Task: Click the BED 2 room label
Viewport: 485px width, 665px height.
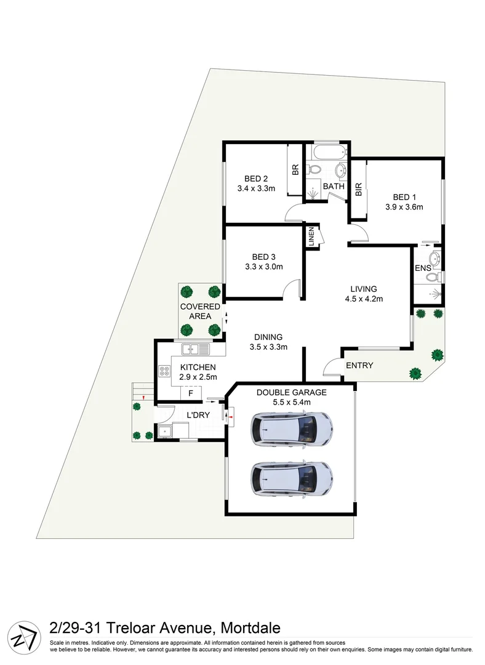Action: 255,179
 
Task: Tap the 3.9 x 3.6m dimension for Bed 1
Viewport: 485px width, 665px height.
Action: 404,207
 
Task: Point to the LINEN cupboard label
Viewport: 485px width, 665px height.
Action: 311,237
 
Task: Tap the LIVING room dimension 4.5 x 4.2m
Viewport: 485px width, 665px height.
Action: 363,299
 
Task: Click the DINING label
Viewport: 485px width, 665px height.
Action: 268,337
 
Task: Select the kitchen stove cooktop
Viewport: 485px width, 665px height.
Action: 165,371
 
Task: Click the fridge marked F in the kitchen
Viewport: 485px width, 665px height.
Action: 191,392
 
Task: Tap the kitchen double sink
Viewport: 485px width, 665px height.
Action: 196,349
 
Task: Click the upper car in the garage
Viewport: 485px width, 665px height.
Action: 292,427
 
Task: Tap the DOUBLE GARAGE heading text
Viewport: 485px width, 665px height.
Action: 291,392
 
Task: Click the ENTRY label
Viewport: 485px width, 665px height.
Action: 359,365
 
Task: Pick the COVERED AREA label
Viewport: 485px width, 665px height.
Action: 200,312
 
